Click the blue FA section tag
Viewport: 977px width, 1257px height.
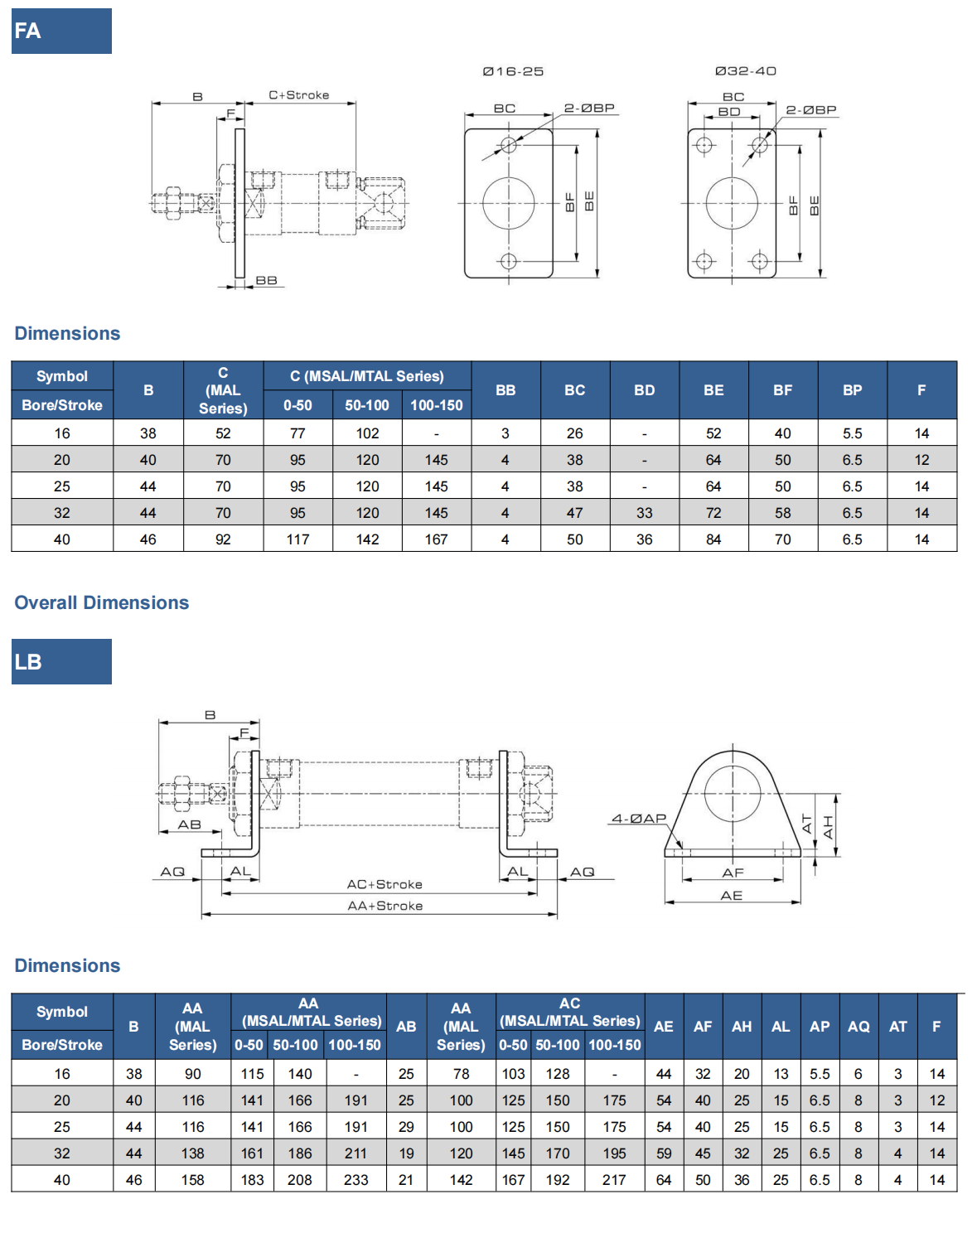[x=61, y=31]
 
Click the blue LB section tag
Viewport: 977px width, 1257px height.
[x=61, y=661]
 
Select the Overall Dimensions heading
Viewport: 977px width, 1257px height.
[x=102, y=602]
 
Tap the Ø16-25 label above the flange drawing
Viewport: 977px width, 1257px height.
[x=513, y=71]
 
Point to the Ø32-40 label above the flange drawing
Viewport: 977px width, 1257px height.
[x=746, y=70]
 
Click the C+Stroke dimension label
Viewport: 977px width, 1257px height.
[x=298, y=94]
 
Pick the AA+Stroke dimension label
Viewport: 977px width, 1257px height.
[x=385, y=906]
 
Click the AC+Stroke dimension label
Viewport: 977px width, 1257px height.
[x=385, y=884]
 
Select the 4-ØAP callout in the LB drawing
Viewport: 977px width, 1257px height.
[x=639, y=819]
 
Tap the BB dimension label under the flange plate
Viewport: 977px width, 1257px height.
[x=267, y=280]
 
